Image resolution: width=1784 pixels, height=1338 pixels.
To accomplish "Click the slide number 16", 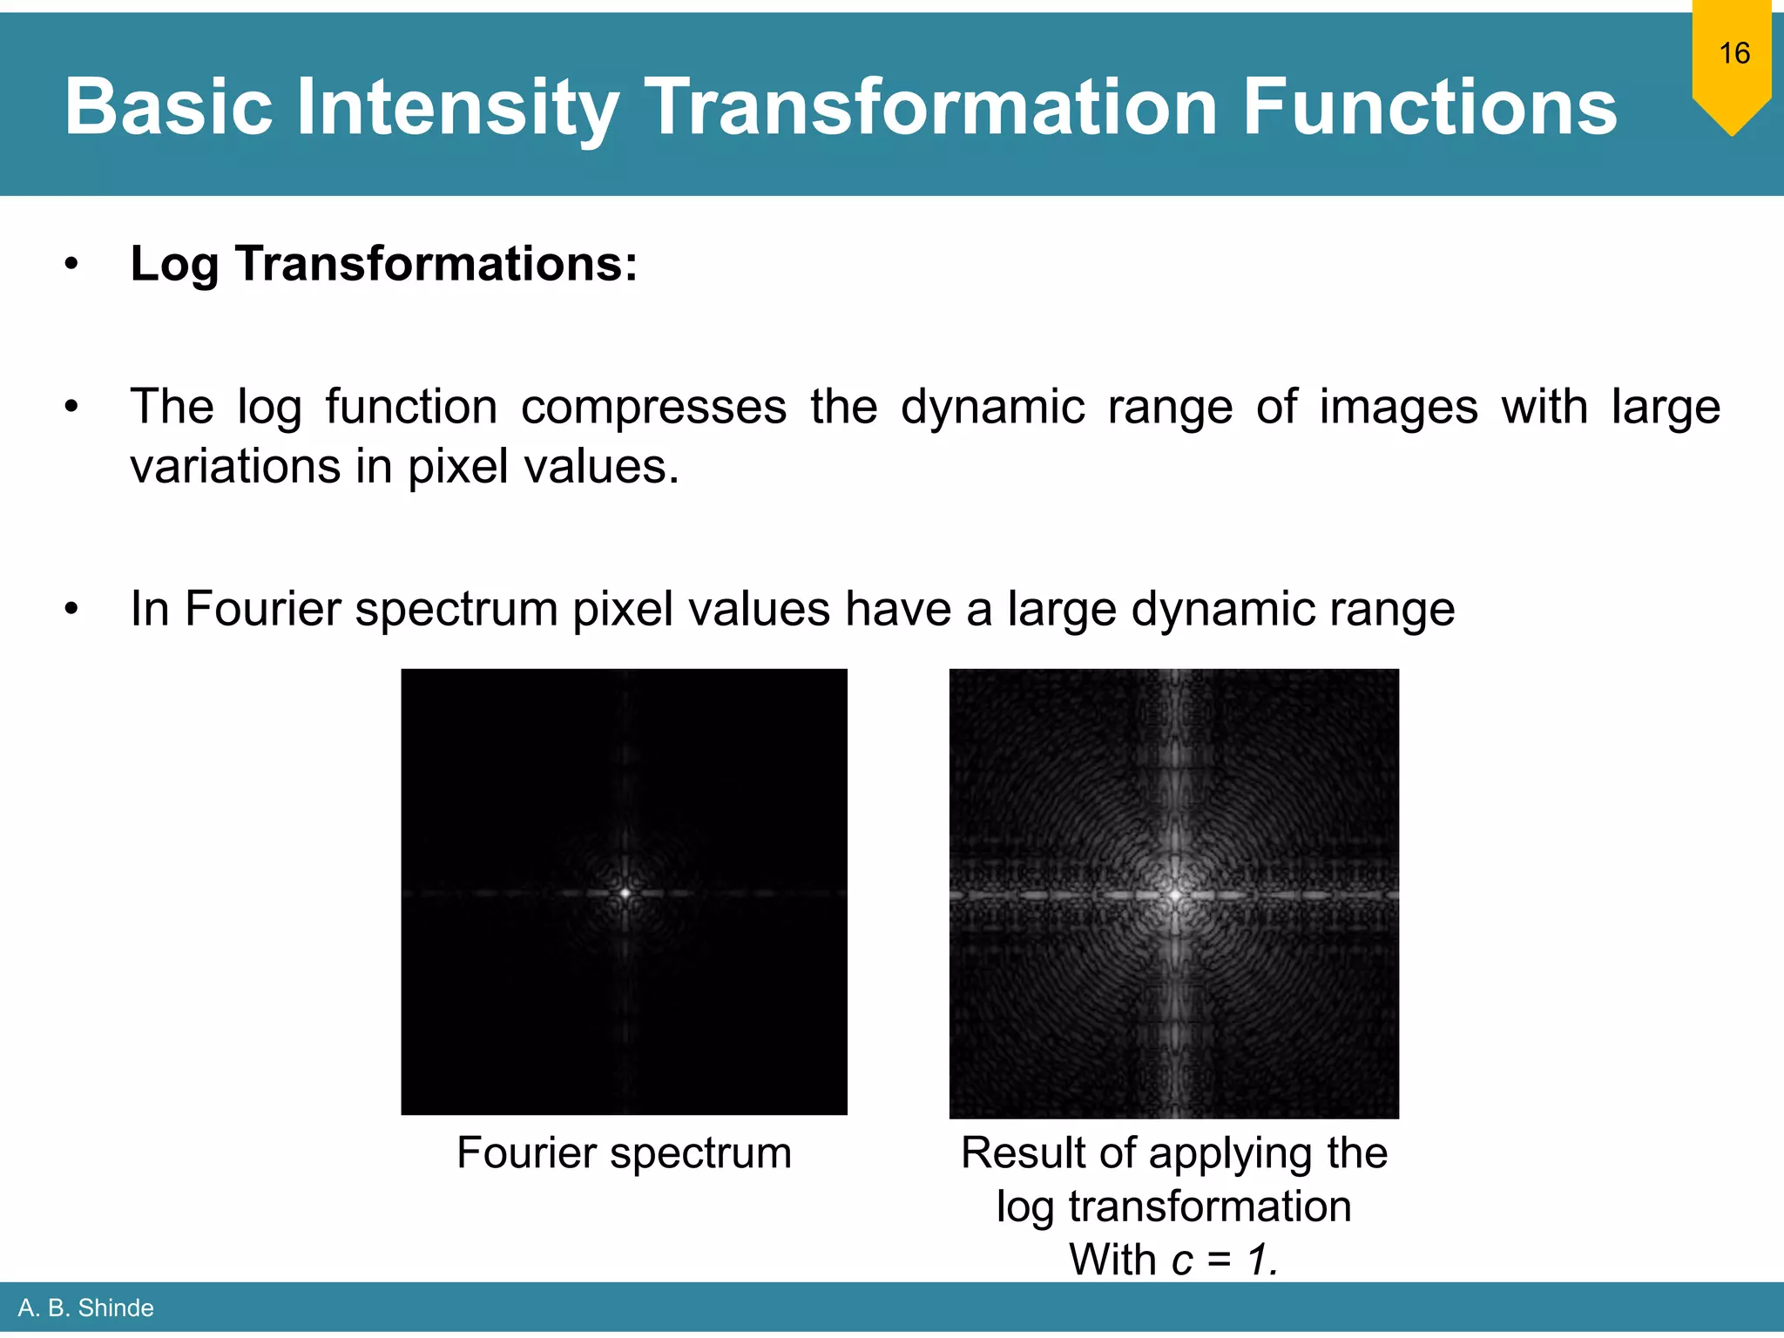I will coord(1733,53).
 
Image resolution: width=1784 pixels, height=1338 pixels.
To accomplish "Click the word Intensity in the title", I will coord(456,107).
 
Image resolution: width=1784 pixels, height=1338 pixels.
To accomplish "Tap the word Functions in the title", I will coord(1429,107).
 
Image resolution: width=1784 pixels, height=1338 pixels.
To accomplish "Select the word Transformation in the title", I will coord(930,107).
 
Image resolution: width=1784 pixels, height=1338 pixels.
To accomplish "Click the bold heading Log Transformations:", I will coord(383,263).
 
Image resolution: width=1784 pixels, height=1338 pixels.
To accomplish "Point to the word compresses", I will coord(653,407).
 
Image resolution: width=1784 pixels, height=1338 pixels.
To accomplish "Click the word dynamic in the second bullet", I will coord(993,407).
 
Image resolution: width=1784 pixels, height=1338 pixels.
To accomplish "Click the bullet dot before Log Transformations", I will coord(71,264).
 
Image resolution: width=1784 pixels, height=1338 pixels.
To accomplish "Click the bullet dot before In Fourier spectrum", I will coord(71,610).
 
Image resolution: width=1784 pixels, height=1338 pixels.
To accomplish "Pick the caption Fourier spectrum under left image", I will coord(624,1152).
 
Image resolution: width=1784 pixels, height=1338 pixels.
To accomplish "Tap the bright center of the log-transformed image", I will coord(1175,895).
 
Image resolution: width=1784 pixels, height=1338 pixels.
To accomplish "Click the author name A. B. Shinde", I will coord(85,1308).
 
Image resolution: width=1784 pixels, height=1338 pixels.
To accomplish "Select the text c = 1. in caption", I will coord(1224,1260).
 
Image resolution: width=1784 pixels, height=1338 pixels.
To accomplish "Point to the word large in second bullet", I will coord(1665,407).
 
